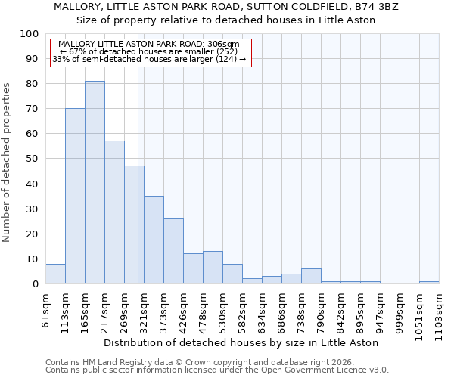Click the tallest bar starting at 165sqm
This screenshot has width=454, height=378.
pyautogui.click(x=95, y=182)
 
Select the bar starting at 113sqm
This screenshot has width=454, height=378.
pyautogui.click(x=75, y=196)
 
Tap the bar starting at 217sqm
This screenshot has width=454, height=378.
pyautogui.click(x=114, y=212)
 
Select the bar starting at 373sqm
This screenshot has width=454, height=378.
pyautogui.click(x=173, y=251)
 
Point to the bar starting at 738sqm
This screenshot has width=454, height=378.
pyautogui.click(x=311, y=276)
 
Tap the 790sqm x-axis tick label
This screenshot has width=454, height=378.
pyautogui.click(x=321, y=311)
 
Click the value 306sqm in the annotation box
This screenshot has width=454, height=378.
pyautogui.click(x=225, y=44)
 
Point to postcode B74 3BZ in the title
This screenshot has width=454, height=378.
pyautogui.click(x=374, y=7)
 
